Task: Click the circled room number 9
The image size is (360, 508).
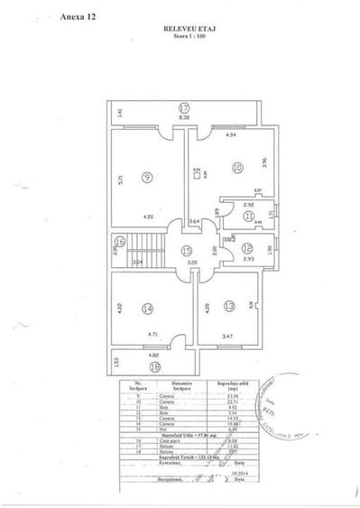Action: [x=146, y=178]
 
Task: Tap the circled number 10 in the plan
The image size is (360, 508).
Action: [x=237, y=167]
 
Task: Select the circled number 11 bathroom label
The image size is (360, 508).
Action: [x=247, y=217]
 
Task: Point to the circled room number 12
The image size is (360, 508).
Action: [x=245, y=249]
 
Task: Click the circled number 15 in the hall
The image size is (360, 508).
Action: [x=185, y=251]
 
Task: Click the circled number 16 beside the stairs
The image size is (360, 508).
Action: [x=120, y=241]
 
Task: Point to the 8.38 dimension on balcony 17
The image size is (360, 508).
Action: [x=182, y=118]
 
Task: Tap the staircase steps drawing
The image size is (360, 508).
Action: [x=146, y=245]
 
